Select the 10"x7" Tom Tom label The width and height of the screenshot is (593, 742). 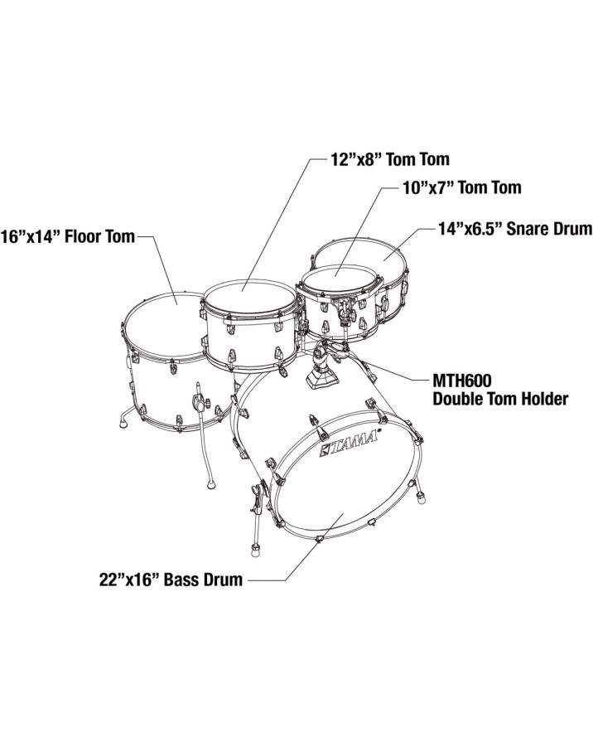pyautogui.click(x=462, y=187)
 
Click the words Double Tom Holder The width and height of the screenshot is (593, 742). pyautogui.click(x=499, y=400)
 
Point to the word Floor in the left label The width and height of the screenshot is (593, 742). pyautogui.click(x=82, y=235)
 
